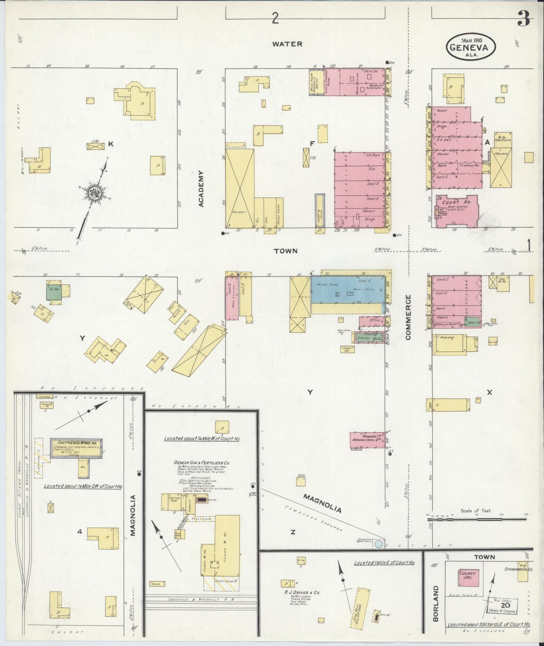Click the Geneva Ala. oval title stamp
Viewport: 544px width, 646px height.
coord(471,46)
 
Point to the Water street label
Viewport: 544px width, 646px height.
coord(287,44)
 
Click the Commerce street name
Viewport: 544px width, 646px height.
coord(408,317)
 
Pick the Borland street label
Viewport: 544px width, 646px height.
coord(436,603)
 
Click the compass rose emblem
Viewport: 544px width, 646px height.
coord(93,193)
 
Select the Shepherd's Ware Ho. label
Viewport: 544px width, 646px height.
coord(77,442)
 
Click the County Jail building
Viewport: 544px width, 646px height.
coord(467,576)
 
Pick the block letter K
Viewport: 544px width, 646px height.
coord(111,145)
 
